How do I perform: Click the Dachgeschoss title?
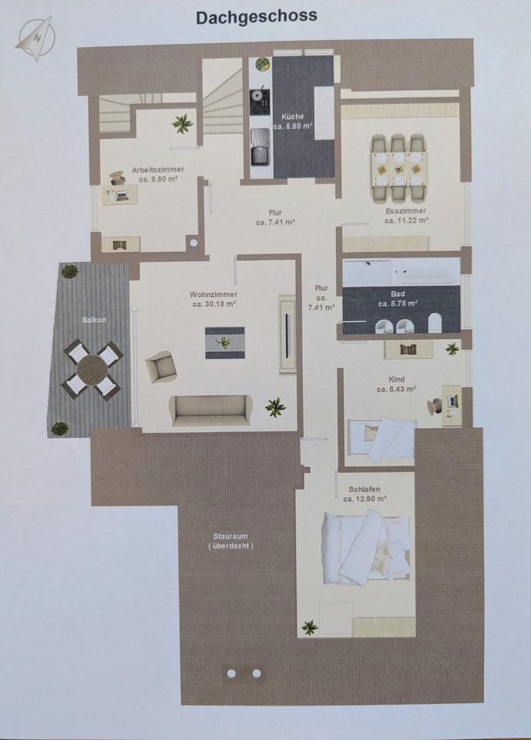(257, 18)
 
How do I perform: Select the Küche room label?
(293, 116)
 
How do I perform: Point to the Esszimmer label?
(405, 211)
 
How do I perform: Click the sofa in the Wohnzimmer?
(210, 411)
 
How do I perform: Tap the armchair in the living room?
(160, 366)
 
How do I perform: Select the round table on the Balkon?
(93, 370)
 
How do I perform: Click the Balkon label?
(94, 320)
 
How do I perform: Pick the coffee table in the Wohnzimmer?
(225, 342)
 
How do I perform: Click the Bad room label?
(398, 294)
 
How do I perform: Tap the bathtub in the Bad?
(402, 271)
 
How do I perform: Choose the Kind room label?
(396, 379)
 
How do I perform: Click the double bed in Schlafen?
(365, 547)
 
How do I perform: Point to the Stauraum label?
(230, 536)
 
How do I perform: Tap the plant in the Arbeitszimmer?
(182, 125)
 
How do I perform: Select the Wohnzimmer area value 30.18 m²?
(214, 304)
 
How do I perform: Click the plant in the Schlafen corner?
(310, 627)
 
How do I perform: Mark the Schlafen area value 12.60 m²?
(365, 499)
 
